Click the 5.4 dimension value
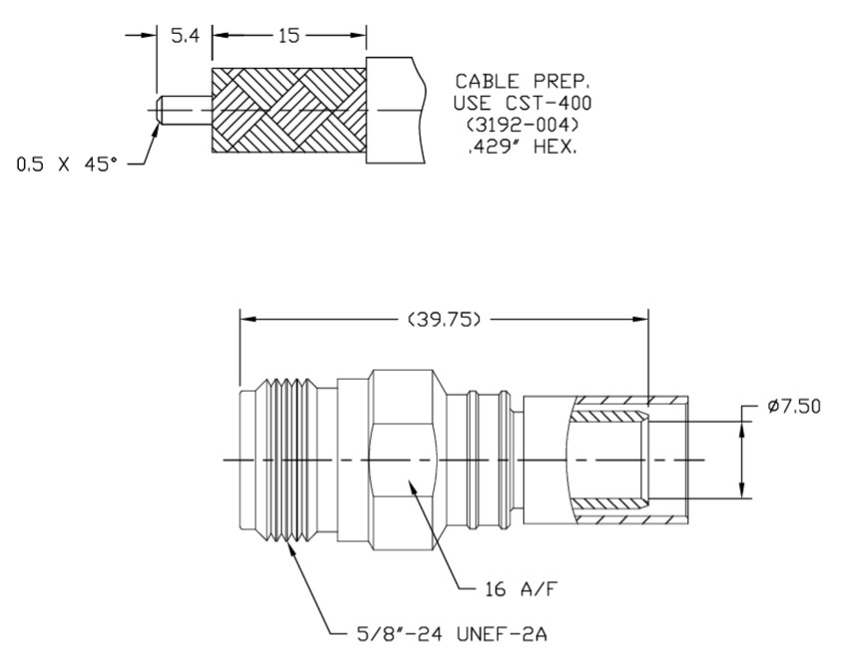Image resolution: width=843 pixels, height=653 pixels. [x=185, y=36]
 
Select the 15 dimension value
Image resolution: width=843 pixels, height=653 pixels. [x=288, y=36]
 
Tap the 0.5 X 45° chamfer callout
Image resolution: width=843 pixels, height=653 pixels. [x=67, y=163]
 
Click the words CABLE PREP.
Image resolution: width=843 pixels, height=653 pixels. [x=522, y=82]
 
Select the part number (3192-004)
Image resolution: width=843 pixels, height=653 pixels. [x=522, y=125]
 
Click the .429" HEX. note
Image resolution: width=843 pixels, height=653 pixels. [x=522, y=147]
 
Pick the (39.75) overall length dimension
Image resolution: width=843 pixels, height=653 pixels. [x=444, y=320]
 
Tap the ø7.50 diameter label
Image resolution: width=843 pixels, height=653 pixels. [x=794, y=407]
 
